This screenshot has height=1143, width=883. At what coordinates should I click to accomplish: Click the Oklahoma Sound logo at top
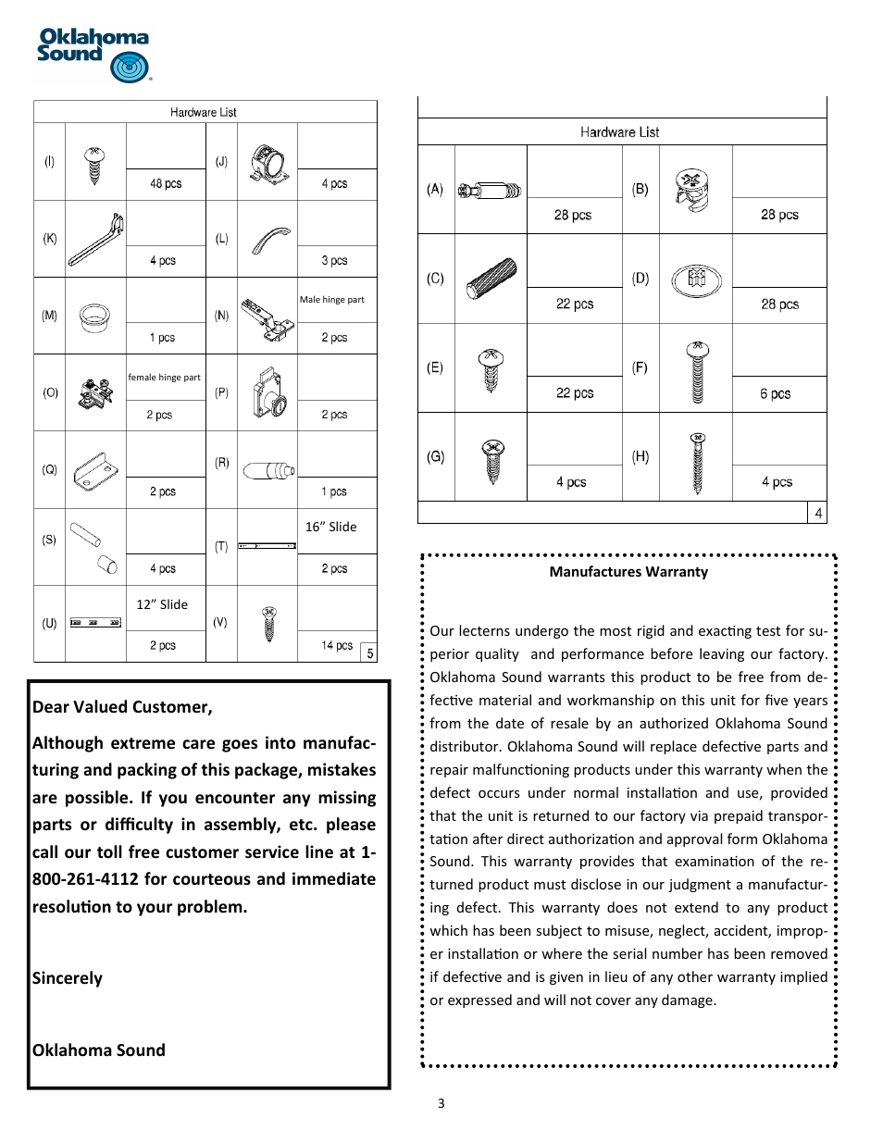[93, 55]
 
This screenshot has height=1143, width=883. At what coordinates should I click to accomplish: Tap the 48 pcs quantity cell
[166, 184]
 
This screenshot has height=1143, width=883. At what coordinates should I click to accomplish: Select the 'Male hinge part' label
[331, 300]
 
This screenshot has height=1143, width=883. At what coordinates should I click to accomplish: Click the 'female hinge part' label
[165, 378]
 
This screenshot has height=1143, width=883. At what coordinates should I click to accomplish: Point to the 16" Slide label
[330, 527]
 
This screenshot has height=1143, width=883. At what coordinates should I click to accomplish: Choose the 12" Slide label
[162, 604]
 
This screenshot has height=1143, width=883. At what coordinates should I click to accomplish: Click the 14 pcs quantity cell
[337, 646]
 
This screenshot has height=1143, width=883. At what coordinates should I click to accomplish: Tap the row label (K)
[50, 239]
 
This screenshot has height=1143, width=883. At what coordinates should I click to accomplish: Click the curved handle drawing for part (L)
[269, 240]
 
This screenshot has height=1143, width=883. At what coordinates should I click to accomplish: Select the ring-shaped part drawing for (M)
[94, 317]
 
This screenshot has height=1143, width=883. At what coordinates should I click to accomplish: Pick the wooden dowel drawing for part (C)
[491, 279]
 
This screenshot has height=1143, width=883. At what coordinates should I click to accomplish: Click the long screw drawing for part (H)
[698, 463]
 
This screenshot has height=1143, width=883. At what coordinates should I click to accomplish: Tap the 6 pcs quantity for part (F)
[776, 394]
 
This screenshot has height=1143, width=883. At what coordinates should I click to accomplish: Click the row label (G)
[435, 457]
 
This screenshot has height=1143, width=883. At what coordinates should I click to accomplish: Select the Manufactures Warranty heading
[628, 572]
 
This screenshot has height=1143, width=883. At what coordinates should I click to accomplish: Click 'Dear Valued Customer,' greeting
[122, 707]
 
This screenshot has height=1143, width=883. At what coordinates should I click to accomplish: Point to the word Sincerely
[68, 978]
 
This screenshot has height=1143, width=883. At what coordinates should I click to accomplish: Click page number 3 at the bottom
[441, 1103]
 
